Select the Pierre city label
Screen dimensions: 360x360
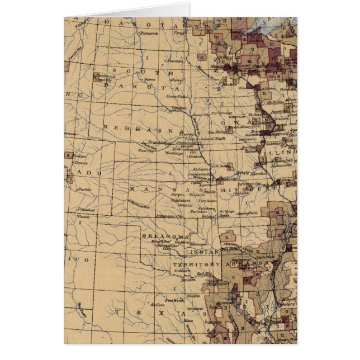point(149,80)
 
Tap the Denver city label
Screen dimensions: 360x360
point(81,163)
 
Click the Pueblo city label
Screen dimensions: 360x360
point(84,190)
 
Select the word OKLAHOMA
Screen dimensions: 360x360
point(166,236)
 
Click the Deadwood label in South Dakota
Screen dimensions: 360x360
point(105,75)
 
